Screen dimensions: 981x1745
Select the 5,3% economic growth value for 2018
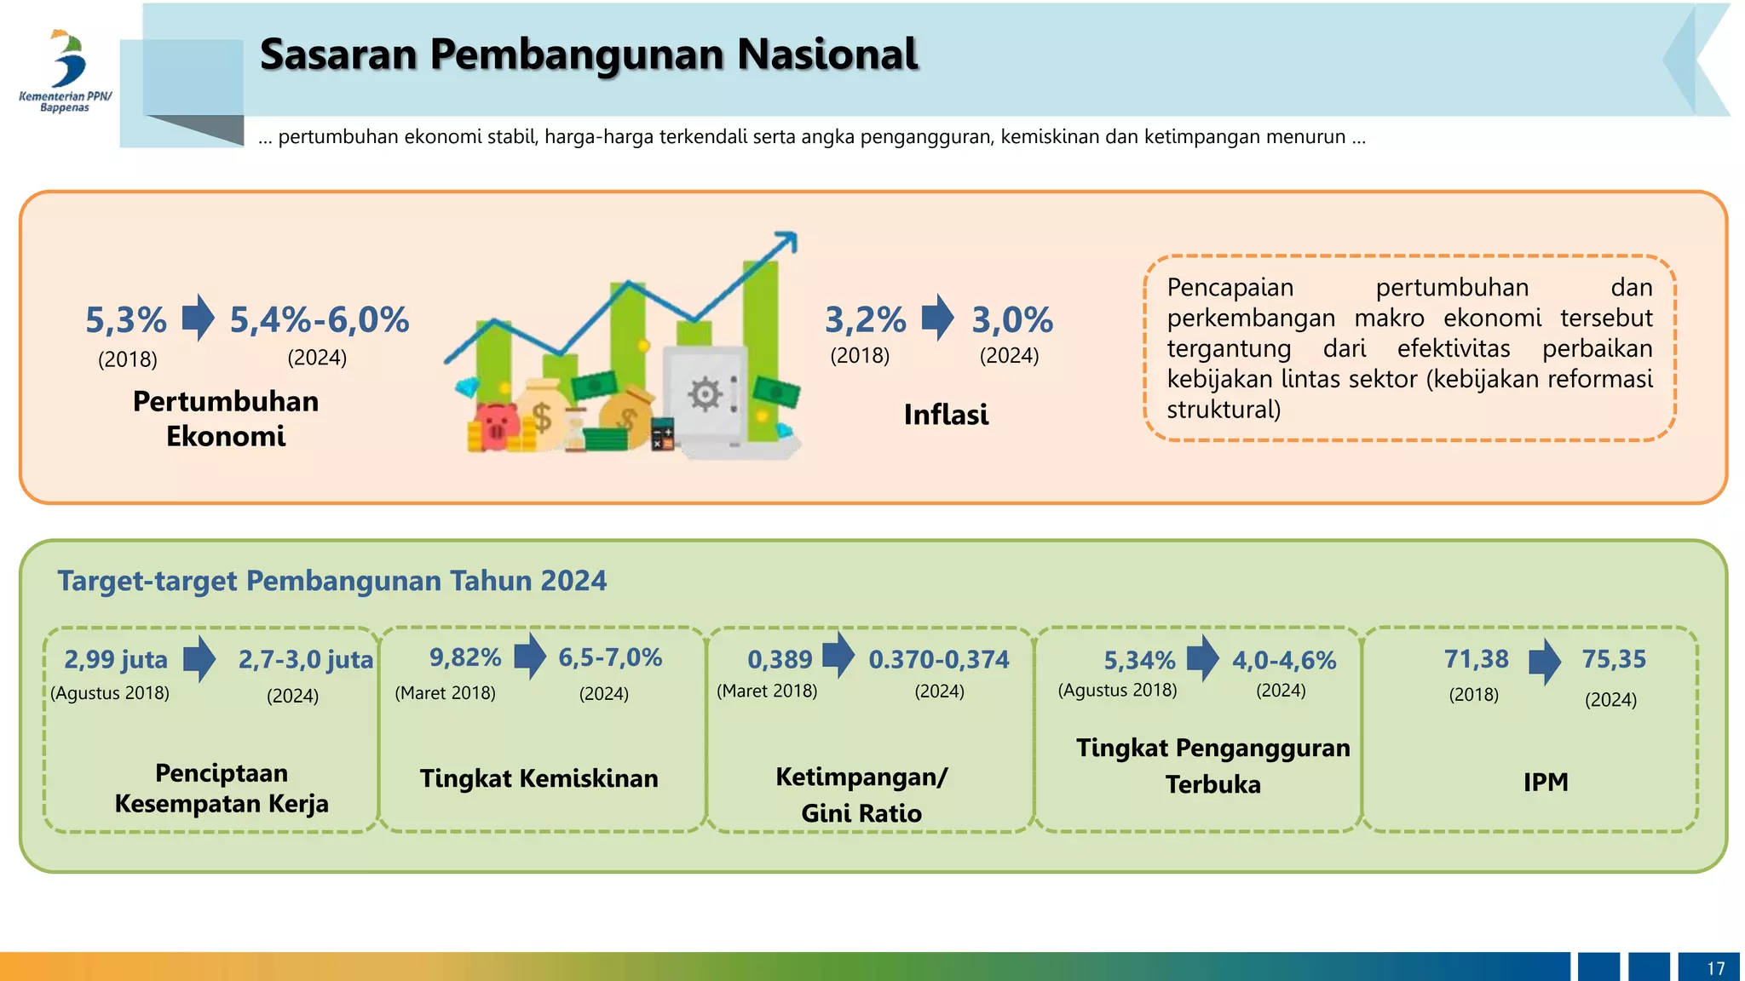(x=126, y=320)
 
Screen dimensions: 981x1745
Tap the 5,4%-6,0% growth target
(x=320, y=320)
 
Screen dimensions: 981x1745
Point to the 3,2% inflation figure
(x=865, y=320)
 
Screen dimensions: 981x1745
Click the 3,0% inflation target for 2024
(x=1012, y=320)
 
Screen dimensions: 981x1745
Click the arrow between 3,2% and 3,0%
(x=938, y=318)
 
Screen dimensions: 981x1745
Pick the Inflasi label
(x=946, y=415)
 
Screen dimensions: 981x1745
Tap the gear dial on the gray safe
(x=705, y=394)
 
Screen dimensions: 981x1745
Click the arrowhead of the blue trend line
(x=789, y=241)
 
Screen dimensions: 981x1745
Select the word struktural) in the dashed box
(x=1224, y=410)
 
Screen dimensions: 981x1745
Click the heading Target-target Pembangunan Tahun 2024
(x=331, y=581)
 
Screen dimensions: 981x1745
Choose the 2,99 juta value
(x=116, y=659)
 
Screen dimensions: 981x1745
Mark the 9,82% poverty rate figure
(x=464, y=657)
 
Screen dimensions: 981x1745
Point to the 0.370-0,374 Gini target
(x=938, y=659)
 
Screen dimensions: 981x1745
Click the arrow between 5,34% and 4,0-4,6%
(x=1203, y=658)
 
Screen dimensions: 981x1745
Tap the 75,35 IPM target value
(x=1614, y=659)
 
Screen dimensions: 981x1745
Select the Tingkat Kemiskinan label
(x=538, y=778)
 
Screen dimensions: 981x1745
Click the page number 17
(x=1715, y=968)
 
